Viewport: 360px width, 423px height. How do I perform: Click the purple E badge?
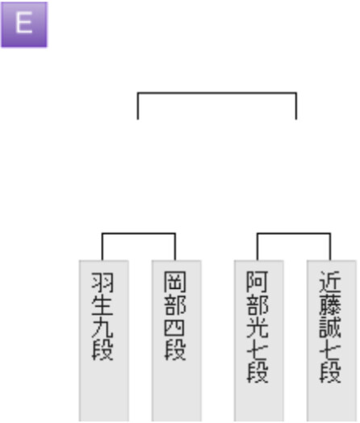click(x=24, y=24)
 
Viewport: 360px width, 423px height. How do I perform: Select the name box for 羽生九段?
click(x=104, y=341)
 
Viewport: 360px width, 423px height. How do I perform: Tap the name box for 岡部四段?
click(x=176, y=341)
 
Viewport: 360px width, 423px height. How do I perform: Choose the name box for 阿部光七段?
click(x=258, y=341)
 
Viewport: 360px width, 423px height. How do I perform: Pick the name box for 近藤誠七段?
click(x=332, y=341)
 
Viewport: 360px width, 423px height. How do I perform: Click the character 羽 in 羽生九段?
click(x=103, y=283)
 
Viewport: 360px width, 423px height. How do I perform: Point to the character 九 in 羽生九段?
click(x=103, y=327)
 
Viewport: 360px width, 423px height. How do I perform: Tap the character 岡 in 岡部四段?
click(x=175, y=283)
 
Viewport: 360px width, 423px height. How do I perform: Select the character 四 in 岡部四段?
click(x=175, y=327)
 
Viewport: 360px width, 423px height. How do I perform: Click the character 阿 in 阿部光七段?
click(x=257, y=283)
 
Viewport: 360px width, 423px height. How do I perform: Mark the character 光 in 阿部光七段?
click(x=257, y=327)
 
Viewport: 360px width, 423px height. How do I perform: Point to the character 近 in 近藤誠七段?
click(x=330, y=283)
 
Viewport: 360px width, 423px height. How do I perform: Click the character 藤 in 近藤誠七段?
click(x=330, y=305)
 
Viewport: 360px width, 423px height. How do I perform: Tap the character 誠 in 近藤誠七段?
click(x=330, y=327)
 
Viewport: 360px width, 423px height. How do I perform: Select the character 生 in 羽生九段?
click(x=103, y=305)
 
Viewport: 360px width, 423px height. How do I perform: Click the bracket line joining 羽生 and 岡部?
click(x=139, y=233)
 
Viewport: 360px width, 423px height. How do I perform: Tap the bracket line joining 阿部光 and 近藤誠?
click(x=294, y=233)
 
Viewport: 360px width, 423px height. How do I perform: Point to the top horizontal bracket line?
click(x=217, y=93)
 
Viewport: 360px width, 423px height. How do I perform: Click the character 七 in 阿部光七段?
click(x=257, y=350)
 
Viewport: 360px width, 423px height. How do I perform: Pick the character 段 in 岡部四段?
click(x=175, y=350)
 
